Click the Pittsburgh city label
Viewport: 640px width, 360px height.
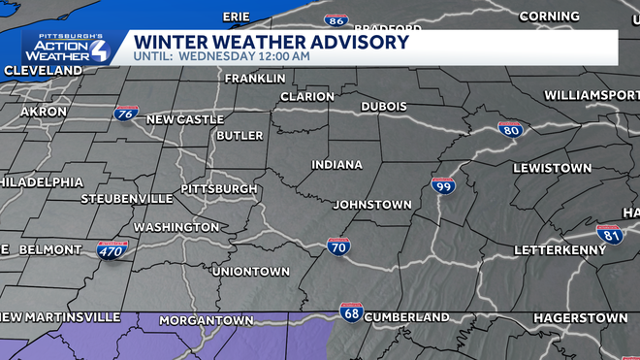pyautogui.click(x=219, y=188)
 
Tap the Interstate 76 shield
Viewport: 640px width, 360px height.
pyautogui.click(x=124, y=115)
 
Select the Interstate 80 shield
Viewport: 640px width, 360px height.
pyautogui.click(x=510, y=130)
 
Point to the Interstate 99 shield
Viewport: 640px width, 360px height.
pyautogui.click(x=443, y=185)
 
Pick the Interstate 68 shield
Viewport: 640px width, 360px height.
pyautogui.click(x=351, y=312)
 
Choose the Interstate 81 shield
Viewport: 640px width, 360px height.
pyautogui.click(x=611, y=234)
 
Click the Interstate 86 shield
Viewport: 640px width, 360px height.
pyautogui.click(x=336, y=20)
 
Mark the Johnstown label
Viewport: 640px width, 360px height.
pyautogui.click(x=371, y=205)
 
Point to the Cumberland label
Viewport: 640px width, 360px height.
pyautogui.click(x=407, y=317)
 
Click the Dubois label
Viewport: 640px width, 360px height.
pyautogui.click(x=383, y=106)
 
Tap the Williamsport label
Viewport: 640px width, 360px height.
pyautogui.click(x=591, y=95)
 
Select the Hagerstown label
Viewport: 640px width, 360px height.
pyautogui.click(x=580, y=317)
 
